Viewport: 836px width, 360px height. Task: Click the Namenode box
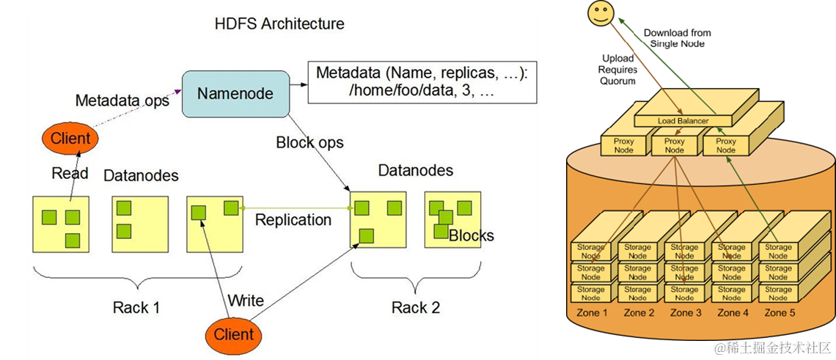tap(235, 93)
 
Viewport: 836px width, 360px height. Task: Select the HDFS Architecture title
tap(279, 23)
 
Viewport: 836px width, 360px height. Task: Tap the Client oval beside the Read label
tap(70, 138)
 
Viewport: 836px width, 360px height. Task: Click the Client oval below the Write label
tap(233, 334)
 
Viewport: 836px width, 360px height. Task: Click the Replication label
tap(293, 220)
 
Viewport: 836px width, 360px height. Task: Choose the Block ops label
tap(309, 142)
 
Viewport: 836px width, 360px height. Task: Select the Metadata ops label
tap(122, 100)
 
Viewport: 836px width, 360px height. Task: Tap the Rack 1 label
tap(136, 307)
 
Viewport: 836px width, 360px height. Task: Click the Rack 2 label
tap(415, 307)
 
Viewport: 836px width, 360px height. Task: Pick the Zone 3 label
tap(684, 313)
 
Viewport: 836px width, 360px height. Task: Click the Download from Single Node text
tap(677, 38)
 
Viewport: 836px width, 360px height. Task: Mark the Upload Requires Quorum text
tap(618, 70)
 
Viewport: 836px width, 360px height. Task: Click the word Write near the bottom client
tap(245, 301)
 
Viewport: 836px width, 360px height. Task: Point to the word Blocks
tap(471, 236)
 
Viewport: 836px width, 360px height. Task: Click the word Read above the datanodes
tap(70, 173)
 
